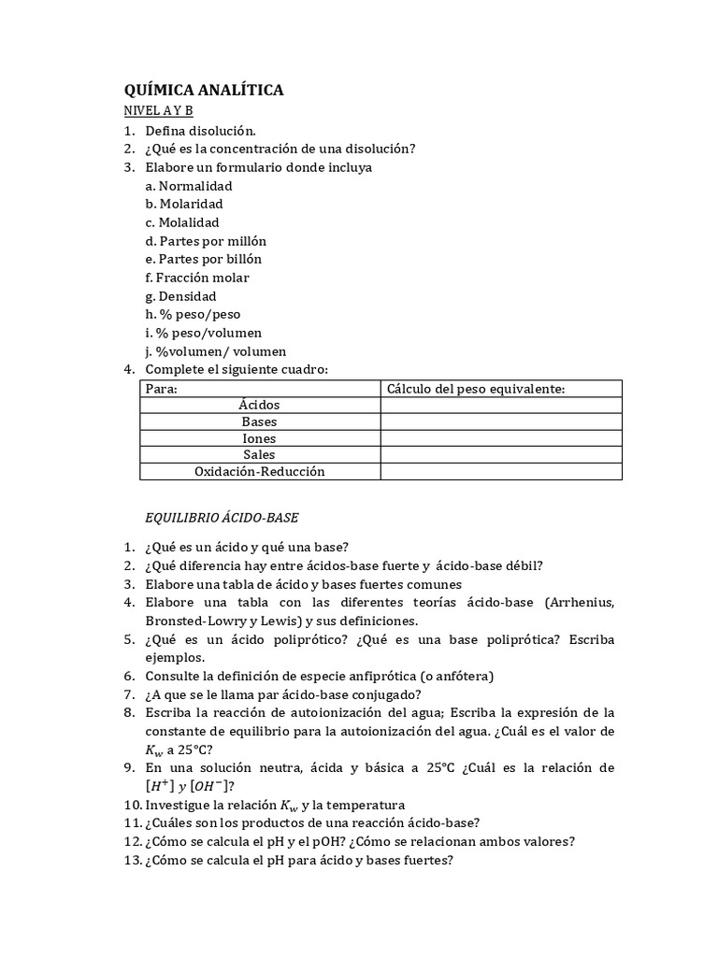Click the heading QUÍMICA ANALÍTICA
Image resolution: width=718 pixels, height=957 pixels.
click(204, 91)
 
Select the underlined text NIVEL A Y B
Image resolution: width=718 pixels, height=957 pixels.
click(159, 112)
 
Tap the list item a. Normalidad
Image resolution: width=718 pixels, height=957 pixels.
click(189, 186)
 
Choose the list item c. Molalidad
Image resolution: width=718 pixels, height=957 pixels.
click(182, 222)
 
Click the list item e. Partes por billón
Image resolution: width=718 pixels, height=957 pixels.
click(204, 259)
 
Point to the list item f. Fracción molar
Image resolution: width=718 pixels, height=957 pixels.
click(197, 278)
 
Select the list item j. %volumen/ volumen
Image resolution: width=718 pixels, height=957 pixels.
click(216, 351)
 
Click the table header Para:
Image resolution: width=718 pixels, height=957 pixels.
click(161, 389)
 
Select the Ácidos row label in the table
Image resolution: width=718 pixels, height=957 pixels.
click(259, 406)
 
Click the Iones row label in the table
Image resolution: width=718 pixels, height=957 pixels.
click(259, 438)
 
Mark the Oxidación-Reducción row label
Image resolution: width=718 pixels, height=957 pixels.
click(259, 472)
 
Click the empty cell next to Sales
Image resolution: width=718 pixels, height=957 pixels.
click(501, 455)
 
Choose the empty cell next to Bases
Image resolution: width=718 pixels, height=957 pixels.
click(501, 422)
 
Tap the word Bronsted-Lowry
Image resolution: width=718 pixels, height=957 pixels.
click(193, 621)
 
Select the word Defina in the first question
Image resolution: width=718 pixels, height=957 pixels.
click(164, 131)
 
